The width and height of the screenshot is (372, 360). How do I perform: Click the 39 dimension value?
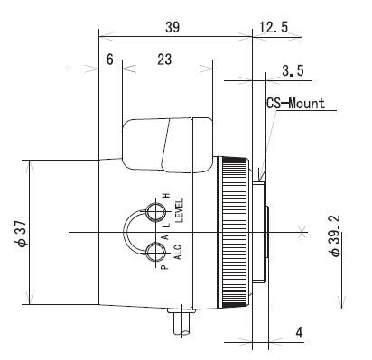click(x=172, y=27)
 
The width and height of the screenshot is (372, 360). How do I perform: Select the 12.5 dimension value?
click(x=274, y=27)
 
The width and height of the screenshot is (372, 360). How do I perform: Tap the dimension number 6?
click(x=110, y=60)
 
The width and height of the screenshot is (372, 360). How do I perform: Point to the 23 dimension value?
click(x=164, y=60)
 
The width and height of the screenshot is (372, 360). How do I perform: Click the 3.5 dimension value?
click(x=293, y=71)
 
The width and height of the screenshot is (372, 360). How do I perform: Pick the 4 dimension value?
click(x=299, y=333)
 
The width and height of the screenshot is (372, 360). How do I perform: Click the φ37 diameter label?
click(x=22, y=233)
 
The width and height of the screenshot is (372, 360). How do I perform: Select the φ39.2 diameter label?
click(x=335, y=235)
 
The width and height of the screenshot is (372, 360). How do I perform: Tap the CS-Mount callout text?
click(x=296, y=104)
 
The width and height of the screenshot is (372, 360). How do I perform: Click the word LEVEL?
click(x=179, y=210)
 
